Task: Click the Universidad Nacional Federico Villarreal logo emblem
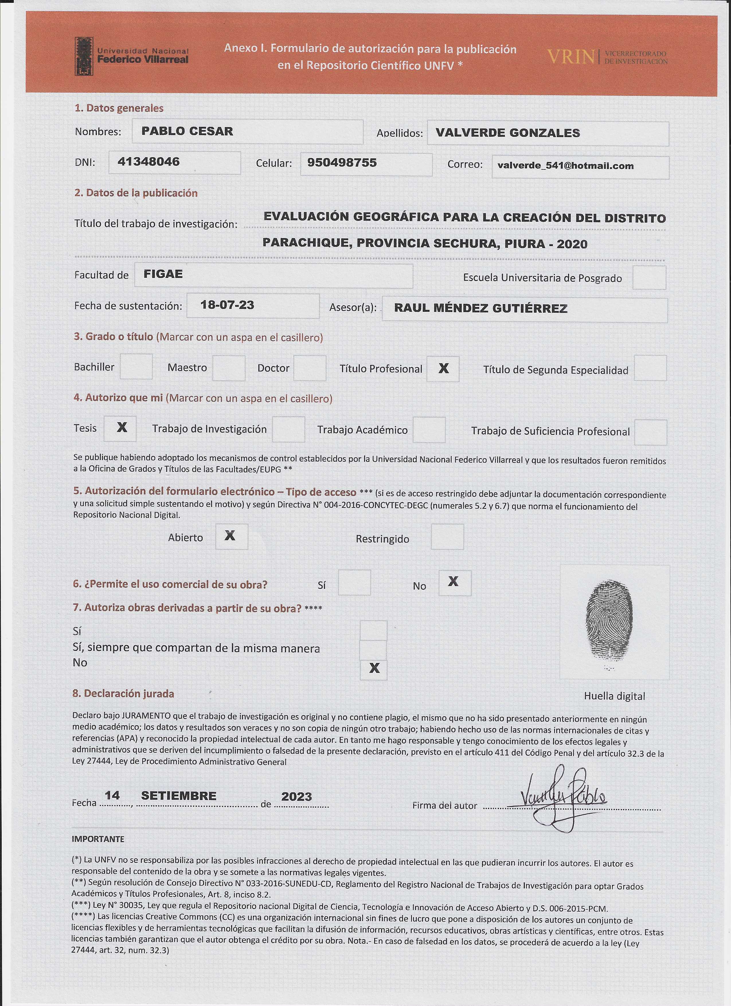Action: pyautogui.click(x=84, y=56)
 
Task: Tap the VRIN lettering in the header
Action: pyautogui.click(x=570, y=57)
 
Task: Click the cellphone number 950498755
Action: pyautogui.click(x=342, y=162)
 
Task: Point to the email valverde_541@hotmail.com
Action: pyautogui.click(x=565, y=166)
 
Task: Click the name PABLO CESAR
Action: pyautogui.click(x=187, y=131)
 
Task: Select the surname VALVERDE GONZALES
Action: pyautogui.click(x=508, y=133)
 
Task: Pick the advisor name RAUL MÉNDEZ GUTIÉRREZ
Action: pyautogui.click(x=480, y=308)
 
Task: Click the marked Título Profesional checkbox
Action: pyautogui.click(x=443, y=369)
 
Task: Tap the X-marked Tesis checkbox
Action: pyautogui.click(x=120, y=428)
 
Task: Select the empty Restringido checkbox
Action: pyautogui.click(x=447, y=537)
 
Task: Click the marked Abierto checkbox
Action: pyautogui.click(x=231, y=536)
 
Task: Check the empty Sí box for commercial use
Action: pyautogui.click(x=354, y=583)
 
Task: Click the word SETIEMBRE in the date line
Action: pyautogui.click(x=179, y=796)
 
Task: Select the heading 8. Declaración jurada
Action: pyautogui.click(x=123, y=694)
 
